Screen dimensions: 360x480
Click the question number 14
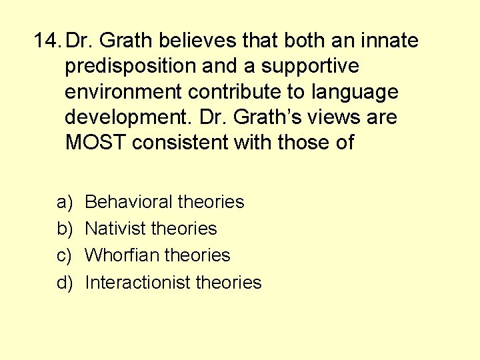pos(49,41)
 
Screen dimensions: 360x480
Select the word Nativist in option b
pos(116,228)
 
